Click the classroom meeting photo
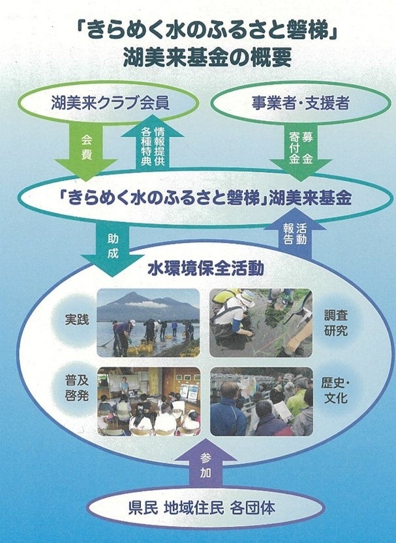tap(149, 401)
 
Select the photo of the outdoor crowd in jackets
tap(262, 401)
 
